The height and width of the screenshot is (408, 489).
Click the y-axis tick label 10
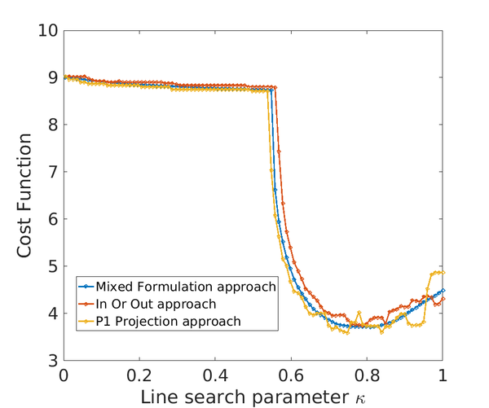pos(47,31)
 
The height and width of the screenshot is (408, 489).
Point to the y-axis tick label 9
pos(51,78)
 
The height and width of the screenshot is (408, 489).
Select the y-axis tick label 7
pos(51,172)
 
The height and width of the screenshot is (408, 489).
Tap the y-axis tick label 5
pos(51,266)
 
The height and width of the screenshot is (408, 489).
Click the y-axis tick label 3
pos(51,360)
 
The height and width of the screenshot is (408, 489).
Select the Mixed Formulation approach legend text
pos(187,287)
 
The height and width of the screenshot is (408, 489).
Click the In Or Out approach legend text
pos(156,304)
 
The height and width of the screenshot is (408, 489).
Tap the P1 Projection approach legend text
pos(169,321)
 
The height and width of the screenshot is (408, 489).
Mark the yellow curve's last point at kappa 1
pos(443,272)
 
